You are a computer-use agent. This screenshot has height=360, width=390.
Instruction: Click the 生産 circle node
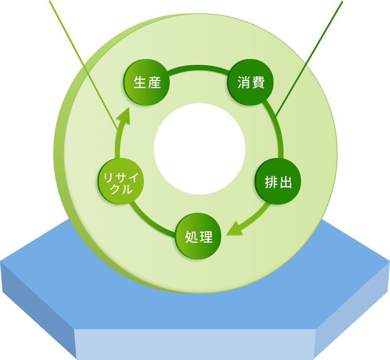[147, 82]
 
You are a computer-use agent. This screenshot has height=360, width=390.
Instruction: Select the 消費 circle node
[251, 82]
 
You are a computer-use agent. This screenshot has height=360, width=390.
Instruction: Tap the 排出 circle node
[278, 182]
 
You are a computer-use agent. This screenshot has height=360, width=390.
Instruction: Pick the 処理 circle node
[198, 236]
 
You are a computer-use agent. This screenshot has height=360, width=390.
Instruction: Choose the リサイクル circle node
[121, 181]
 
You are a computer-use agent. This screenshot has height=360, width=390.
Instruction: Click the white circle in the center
[200, 149]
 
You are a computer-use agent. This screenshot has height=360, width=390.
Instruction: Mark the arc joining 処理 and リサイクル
[150, 222]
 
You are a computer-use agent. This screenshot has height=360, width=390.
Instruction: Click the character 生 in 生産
[139, 82]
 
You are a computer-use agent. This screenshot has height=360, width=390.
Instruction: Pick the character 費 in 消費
[258, 82]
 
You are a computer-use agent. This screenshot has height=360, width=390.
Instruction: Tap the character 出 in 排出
[285, 182]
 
